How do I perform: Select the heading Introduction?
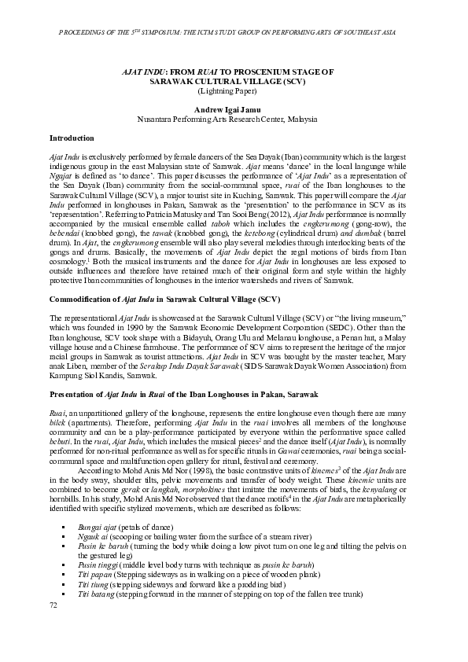pyautogui.click(x=72, y=138)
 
